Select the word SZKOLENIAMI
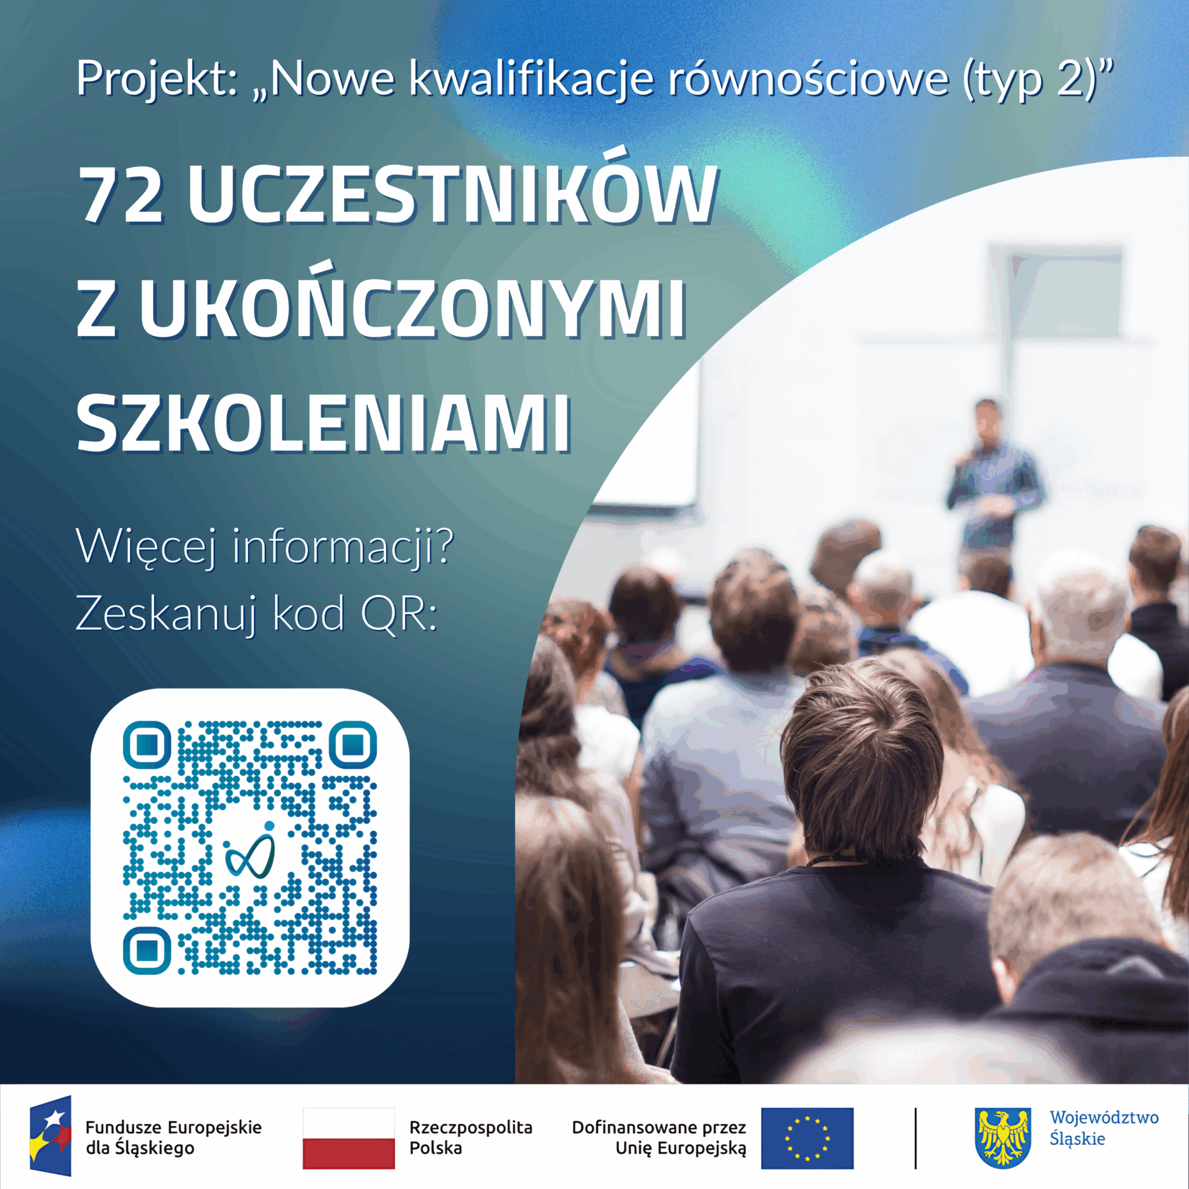[x=324, y=424]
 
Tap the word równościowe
[x=808, y=78]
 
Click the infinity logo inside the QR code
[x=250, y=850]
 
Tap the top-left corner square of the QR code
[x=146, y=745]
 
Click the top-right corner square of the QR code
[x=352, y=745]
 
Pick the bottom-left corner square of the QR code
[x=146, y=950]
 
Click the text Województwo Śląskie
[x=1104, y=1128]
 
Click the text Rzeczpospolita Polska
[x=471, y=1137]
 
